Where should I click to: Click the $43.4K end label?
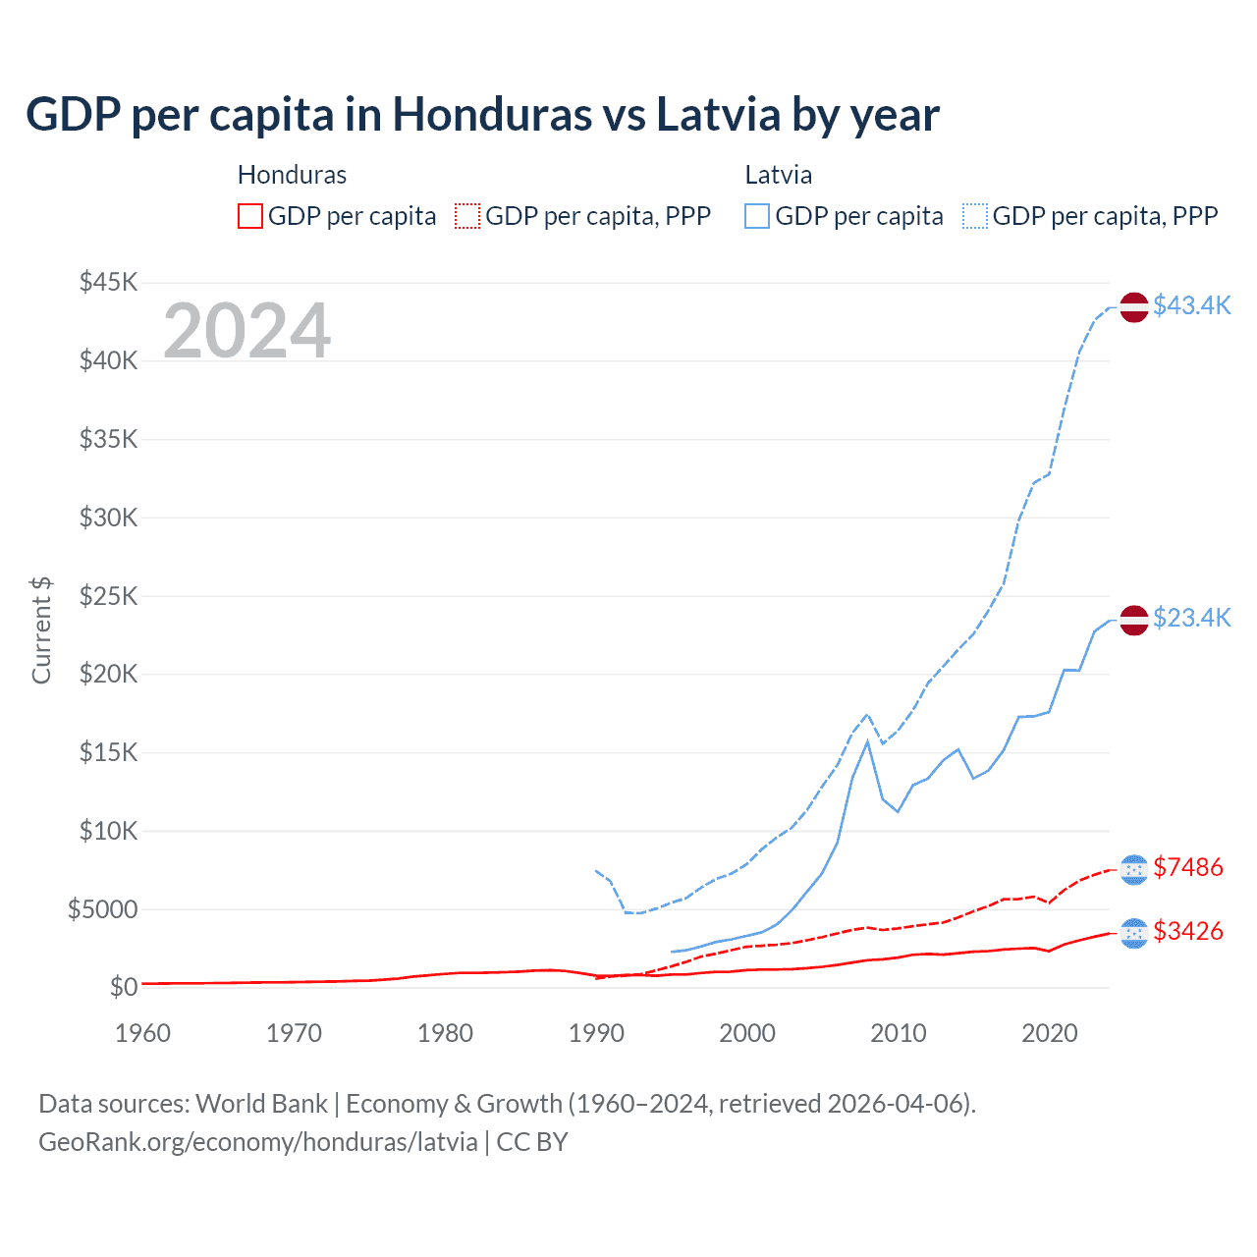[1191, 305]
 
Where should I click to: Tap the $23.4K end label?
[1191, 618]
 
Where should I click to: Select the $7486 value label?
[1187, 867]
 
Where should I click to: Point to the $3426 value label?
[1187, 931]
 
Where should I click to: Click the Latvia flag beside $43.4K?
[1134, 306]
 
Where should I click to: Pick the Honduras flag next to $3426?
[1134, 933]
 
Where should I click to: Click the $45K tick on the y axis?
[109, 283]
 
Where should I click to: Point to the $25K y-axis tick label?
[109, 596]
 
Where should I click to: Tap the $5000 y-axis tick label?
[103, 909]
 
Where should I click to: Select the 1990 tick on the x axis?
[596, 1033]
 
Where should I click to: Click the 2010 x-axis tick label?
[899, 1033]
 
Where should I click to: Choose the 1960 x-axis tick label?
[143, 1033]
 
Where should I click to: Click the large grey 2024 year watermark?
[246, 331]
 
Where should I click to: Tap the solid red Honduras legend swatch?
[250, 216]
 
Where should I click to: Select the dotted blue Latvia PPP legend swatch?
[975, 216]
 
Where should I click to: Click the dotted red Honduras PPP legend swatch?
[468, 216]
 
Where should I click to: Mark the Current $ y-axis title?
[41, 629]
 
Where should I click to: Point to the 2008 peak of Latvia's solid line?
[867, 741]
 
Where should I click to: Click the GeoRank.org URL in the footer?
[258, 1142]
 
